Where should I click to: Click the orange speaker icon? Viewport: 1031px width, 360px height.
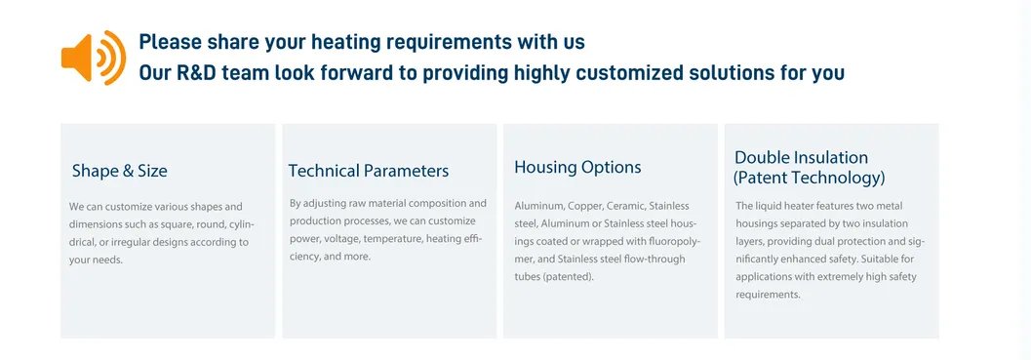tap(92, 58)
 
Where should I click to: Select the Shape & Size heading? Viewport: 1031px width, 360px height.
tap(120, 171)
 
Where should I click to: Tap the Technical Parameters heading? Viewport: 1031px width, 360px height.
tap(369, 171)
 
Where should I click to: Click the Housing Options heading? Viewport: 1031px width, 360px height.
tap(577, 167)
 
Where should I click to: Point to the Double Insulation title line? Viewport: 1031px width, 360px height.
tap(801, 158)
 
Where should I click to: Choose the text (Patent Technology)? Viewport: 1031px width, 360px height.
tap(809, 179)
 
